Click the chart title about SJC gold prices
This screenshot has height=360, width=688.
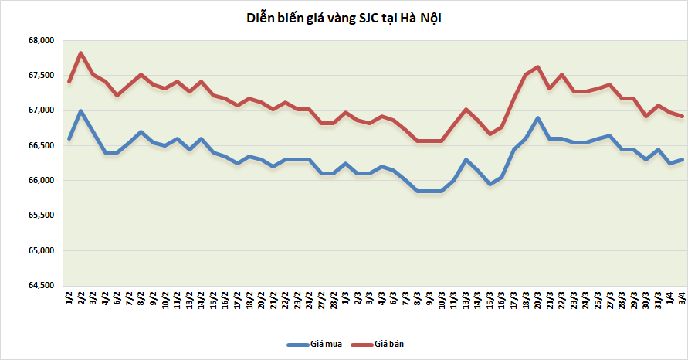(344, 17)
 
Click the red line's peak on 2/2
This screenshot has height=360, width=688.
(81, 53)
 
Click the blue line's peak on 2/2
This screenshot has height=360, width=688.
(81, 110)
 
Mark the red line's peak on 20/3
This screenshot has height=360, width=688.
(537, 66)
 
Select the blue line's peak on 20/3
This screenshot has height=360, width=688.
(537, 118)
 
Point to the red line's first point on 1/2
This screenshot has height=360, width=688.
(69, 82)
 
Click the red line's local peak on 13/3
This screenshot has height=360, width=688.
(466, 109)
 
